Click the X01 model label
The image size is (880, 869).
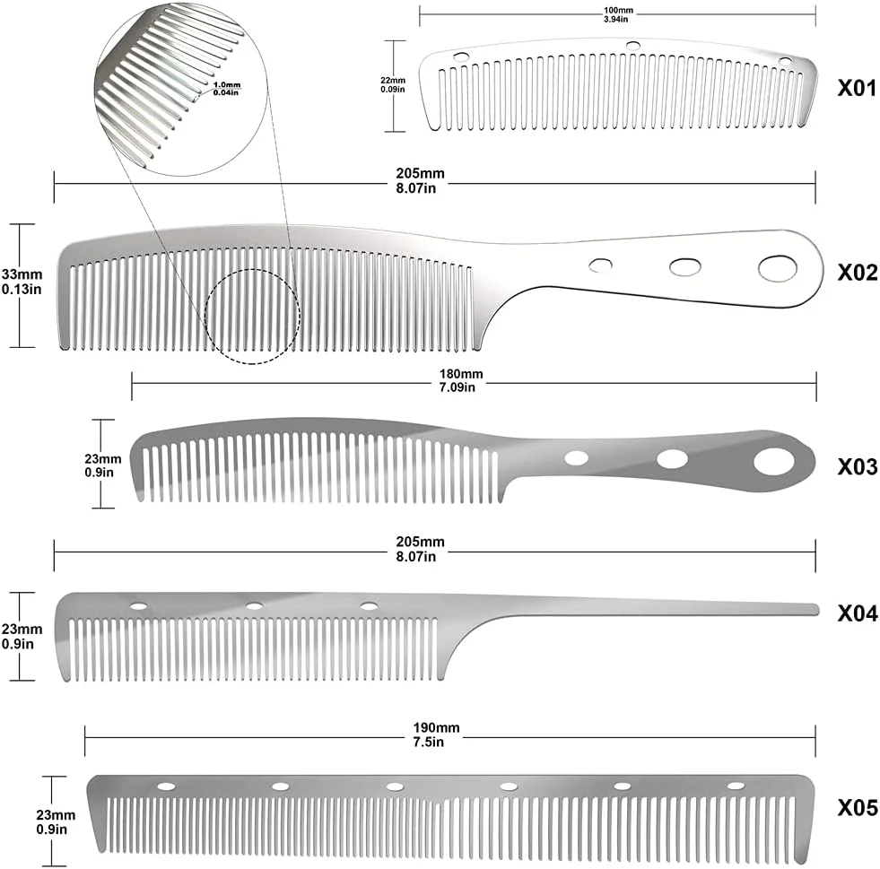coord(857,88)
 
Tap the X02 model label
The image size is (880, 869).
coord(857,273)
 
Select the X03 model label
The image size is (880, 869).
coord(857,466)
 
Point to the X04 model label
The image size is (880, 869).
coord(857,613)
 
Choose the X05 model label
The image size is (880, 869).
coord(857,808)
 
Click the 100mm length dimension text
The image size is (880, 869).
coord(618,11)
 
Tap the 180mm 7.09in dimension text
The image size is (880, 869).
coord(461,380)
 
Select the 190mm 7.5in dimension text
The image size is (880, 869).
coord(436,734)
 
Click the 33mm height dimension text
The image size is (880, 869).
coord(22,275)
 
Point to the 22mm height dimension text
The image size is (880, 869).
coord(393,81)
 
